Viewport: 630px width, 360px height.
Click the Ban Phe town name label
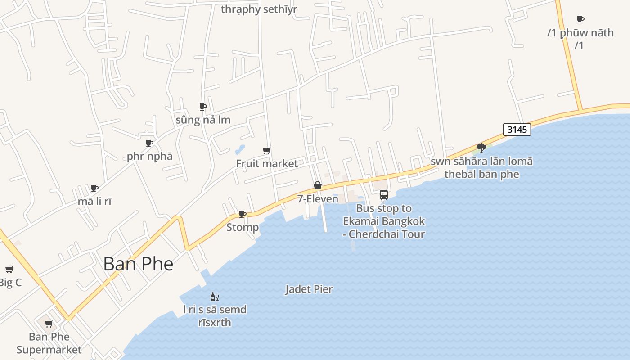click(138, 264)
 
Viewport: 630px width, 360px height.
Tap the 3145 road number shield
click(517, 130)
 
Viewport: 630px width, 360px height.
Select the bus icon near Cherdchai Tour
click(383, 195)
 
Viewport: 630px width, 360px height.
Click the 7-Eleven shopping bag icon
click(318, 185)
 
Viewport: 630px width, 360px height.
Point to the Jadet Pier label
click(309, 289)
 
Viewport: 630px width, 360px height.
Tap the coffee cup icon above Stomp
click(242, 214)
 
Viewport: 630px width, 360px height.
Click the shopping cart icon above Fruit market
click(267, 150)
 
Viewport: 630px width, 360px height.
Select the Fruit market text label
click(267, 163)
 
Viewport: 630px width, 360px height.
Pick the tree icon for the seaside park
click(481, 148)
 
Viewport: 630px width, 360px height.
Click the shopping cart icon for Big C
click(9, 270)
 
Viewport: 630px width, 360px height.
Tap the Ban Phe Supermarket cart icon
click(49, 324)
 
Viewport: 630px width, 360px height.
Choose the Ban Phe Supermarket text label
click(49, 343)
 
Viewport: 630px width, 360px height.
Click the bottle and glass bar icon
click(215, 297)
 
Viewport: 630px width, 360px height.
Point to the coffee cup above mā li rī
click(94, 188)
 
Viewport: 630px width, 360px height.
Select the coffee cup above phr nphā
click(149, 143)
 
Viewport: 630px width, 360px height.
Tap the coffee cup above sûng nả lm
click(203, 107)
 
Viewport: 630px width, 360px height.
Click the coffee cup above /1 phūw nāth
click(580, 19)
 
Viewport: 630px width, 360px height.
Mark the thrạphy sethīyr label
click(259, 9)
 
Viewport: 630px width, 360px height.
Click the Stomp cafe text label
click(243, 227)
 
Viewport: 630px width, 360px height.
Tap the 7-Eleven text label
click(318, 198)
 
